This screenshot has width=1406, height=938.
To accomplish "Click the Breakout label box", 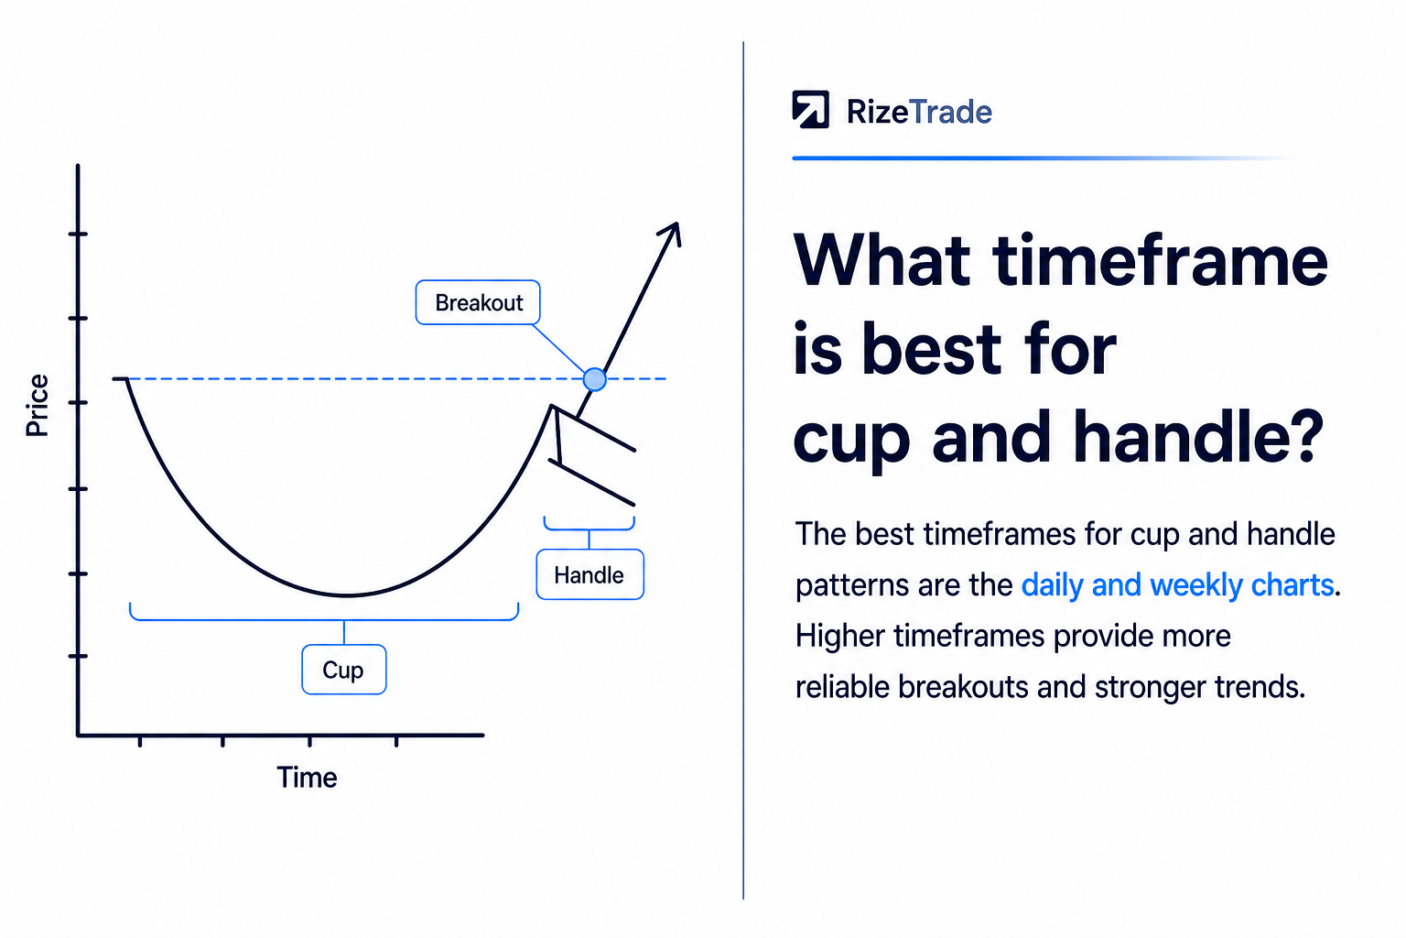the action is (478, 302).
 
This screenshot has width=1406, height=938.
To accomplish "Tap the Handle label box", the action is (590, 574).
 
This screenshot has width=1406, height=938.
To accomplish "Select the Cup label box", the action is (344, 669).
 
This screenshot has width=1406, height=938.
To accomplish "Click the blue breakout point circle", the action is (594, 379).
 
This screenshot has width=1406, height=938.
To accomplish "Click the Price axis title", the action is (37, 405).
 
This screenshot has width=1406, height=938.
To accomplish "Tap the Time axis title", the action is (307, 778).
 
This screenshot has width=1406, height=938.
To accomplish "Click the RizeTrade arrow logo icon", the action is (810, 109).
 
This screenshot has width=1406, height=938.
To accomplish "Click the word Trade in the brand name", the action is (950, 112).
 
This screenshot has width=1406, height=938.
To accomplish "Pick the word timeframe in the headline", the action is (1160, 260).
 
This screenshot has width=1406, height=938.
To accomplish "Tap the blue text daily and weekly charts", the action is (1177, 585).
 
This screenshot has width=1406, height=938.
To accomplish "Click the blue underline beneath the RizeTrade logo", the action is (1039, 158).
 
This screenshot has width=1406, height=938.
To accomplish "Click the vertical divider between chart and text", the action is (743, 470).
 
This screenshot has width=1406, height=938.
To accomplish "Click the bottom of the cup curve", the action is (347, 594).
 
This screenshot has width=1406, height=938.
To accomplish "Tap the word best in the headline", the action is (932, 349).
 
